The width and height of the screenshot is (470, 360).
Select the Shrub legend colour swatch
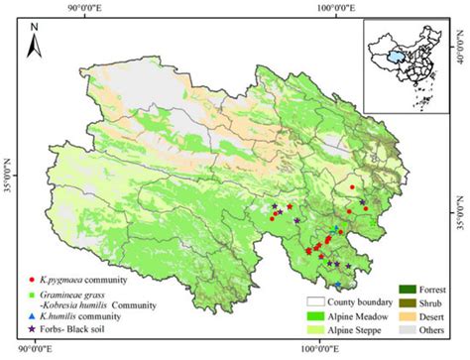point(397,301)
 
